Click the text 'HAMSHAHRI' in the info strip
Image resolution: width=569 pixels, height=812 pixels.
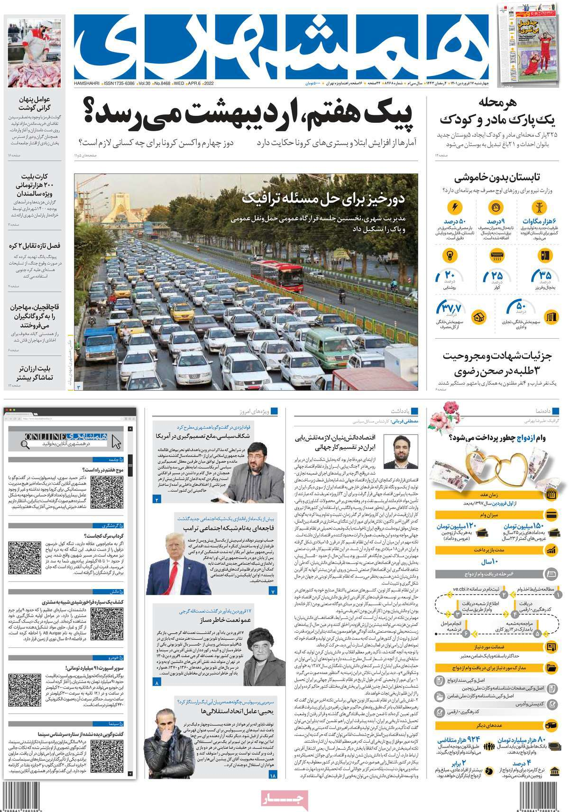point(87,83)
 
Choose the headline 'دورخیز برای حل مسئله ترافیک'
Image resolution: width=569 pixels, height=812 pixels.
point(323,199)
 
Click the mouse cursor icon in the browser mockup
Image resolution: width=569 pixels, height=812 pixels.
point(116,442)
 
